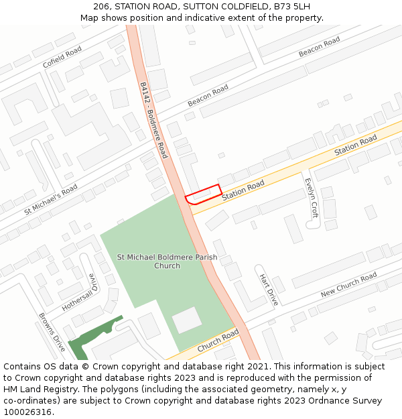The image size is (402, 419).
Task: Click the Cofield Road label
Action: click(x=62, y=56)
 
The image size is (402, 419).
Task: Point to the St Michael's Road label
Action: click(x=50, y=198)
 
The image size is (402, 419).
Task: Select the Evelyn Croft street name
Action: click(x=310, y=198)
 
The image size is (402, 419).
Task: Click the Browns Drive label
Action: click(x=52, y=333)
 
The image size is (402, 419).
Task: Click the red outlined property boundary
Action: click(x=203, y=194)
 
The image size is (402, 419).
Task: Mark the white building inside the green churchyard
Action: click(x=187, y=320)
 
